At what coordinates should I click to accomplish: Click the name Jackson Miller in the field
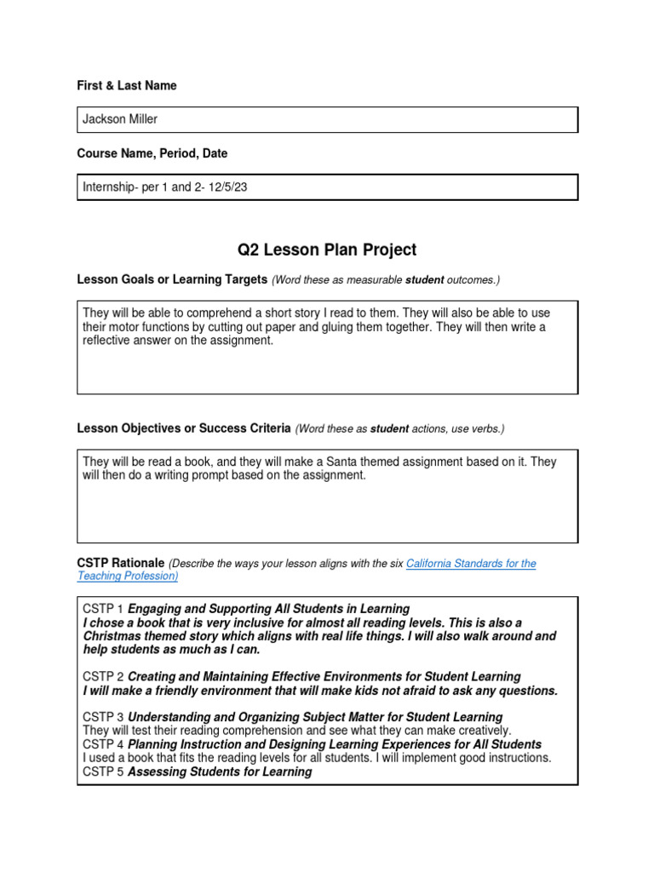tap(120, 119)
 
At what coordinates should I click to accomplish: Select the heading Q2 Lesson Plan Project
tap(327, 250)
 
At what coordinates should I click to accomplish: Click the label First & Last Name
tap(127, 85)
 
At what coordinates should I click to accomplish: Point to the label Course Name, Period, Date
tap(152, 153)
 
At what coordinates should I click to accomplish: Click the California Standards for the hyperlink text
tap(471, 564)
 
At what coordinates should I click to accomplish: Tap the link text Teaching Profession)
tap(128, 576)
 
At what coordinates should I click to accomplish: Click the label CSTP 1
tap(103, 609)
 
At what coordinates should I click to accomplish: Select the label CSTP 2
tap(103, 677)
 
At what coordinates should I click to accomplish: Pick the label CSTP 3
tap(103, 717)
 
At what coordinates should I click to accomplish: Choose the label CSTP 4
tap(103, 744)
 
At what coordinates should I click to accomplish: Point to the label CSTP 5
tap(103, 772)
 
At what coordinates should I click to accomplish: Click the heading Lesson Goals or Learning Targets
tap(172, 279)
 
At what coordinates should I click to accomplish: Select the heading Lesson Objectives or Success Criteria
tap(184, 428)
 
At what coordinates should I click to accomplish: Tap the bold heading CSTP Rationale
tap(121, 563)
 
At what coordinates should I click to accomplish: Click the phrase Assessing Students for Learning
tap(220, 772)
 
